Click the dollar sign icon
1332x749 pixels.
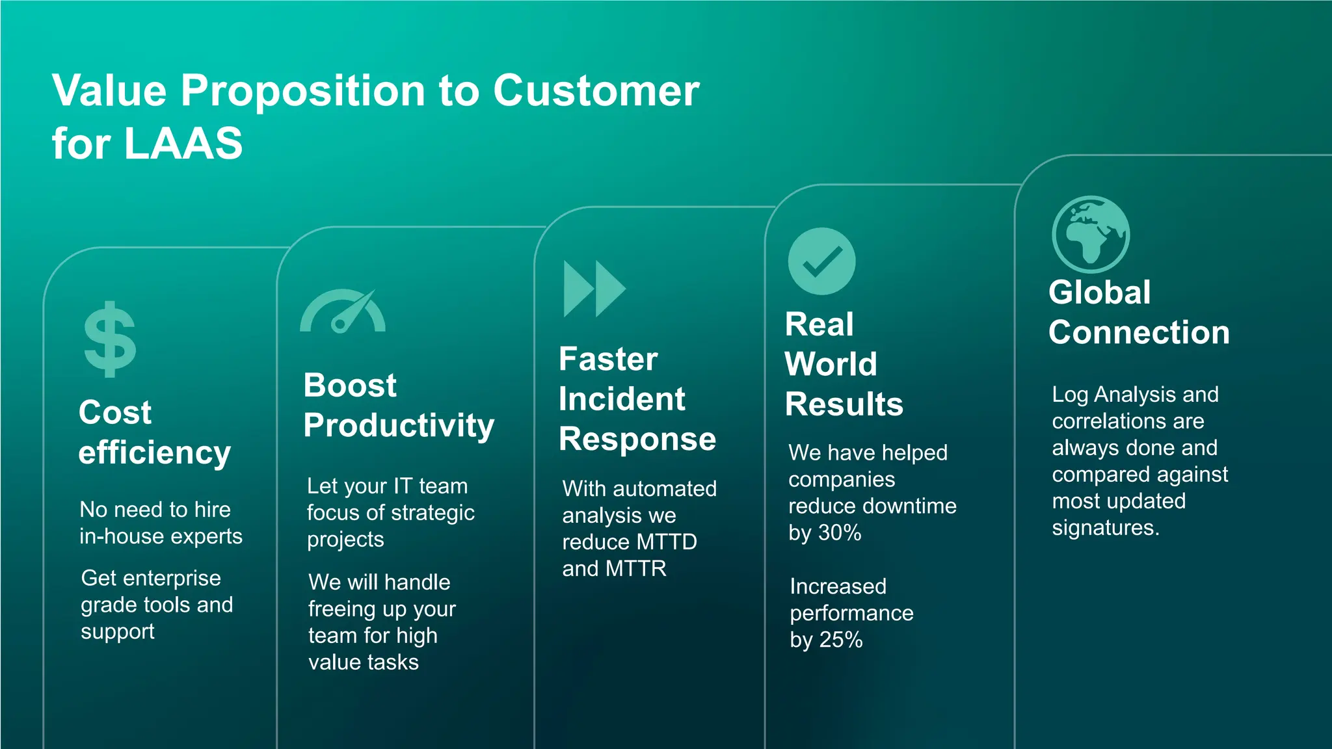[x=110, y=339]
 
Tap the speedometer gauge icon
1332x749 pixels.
[x=343, y=312]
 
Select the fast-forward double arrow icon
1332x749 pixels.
[x=594, y=289]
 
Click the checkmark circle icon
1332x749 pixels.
[x=821, y=261]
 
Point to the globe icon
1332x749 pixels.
[x=1091, y=234]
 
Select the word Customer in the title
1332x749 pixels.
[x=596, y=90]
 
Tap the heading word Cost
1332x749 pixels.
[x=115, y=412]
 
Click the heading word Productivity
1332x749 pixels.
[x=399, y=426]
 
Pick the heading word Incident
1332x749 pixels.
[x=622, y=399]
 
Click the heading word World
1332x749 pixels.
[x=831, y=364]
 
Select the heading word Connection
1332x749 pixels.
[x=1139, y=332]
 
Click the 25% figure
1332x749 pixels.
[x=840, y=640]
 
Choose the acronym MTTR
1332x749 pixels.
[x=635, y=569]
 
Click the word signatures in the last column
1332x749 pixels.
[x=1105, y=528]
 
